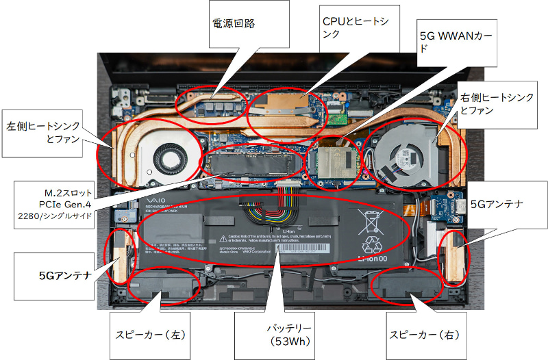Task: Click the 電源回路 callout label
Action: [x=233, y=23]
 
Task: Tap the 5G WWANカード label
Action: [x=455, y=41]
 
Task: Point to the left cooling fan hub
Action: [x=165, y=151]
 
